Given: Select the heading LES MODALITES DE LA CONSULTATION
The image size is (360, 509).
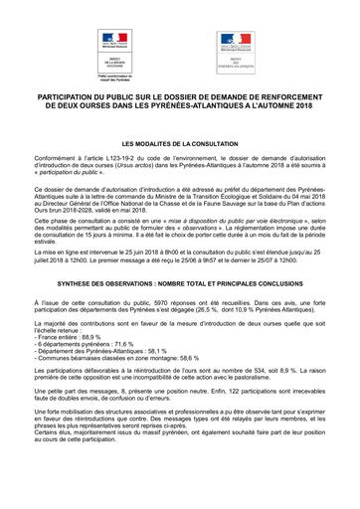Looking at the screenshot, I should (180, 144).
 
